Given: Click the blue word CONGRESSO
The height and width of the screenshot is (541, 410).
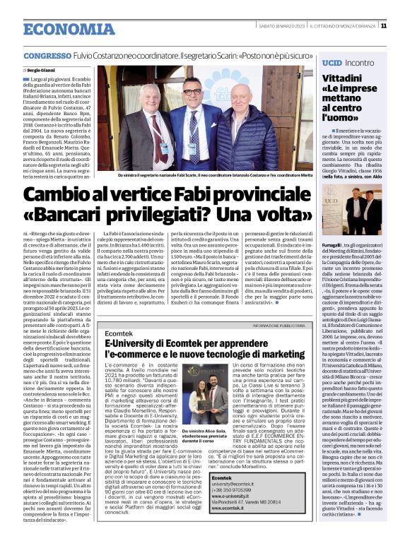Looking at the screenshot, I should pyautogui.click(x=46, y=56).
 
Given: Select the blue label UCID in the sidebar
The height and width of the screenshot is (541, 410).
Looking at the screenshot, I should pyautogui.click(x=332, y=62).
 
